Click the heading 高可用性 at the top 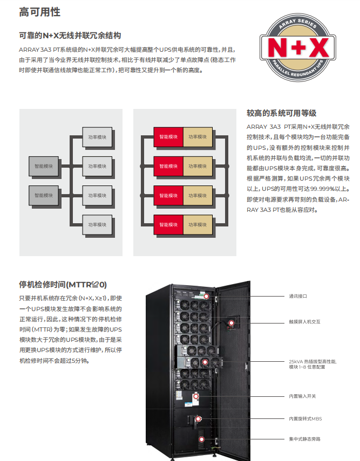click(x=39, y=12)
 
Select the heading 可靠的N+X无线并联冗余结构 click(x=70, y=36)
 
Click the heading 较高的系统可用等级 click(x=281, y=113)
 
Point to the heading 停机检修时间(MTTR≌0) click(x=63, y=284)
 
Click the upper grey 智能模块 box click(x=44, y=167)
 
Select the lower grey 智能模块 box click(x=44, y=195)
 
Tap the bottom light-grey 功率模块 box click(x=98, y=224)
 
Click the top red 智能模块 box click(x=168, y=137)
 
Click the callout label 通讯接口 click(x=297, y=296)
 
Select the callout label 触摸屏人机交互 click(x=304, y=321)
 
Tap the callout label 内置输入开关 click(x=302, y=396)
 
